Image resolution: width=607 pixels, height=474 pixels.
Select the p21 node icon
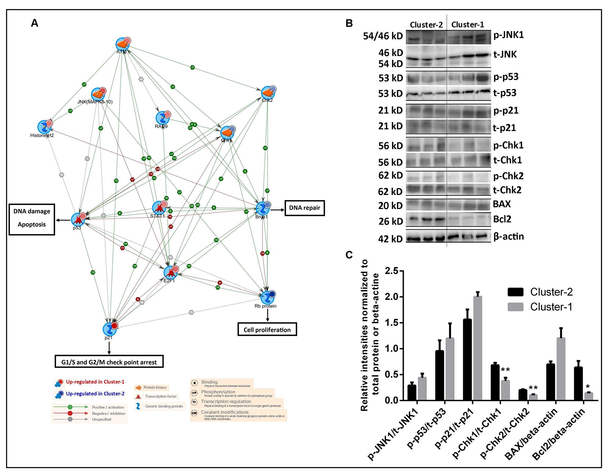(110, 329)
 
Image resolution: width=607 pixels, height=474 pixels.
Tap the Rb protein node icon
(267, 297)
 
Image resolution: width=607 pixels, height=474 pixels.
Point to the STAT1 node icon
(159, 208)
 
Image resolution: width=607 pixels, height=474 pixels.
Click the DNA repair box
(304, 208)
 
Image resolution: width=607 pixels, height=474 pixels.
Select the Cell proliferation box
(267, 330)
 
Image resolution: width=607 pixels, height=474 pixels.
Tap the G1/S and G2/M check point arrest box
(109, 362)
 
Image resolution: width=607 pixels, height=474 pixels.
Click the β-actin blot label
(508, 236)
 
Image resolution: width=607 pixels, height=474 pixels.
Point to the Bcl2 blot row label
(502, 219)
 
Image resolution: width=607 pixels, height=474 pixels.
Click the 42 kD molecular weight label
(390, 239)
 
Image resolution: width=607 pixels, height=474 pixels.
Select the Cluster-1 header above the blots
(467, 25)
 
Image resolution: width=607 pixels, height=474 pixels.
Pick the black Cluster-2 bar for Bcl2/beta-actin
(578, 384)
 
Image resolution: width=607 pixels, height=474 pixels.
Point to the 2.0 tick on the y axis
(392, 297)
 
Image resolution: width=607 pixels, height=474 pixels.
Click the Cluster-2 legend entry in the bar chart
(540, 292)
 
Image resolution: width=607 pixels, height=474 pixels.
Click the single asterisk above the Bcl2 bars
(588, 387)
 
